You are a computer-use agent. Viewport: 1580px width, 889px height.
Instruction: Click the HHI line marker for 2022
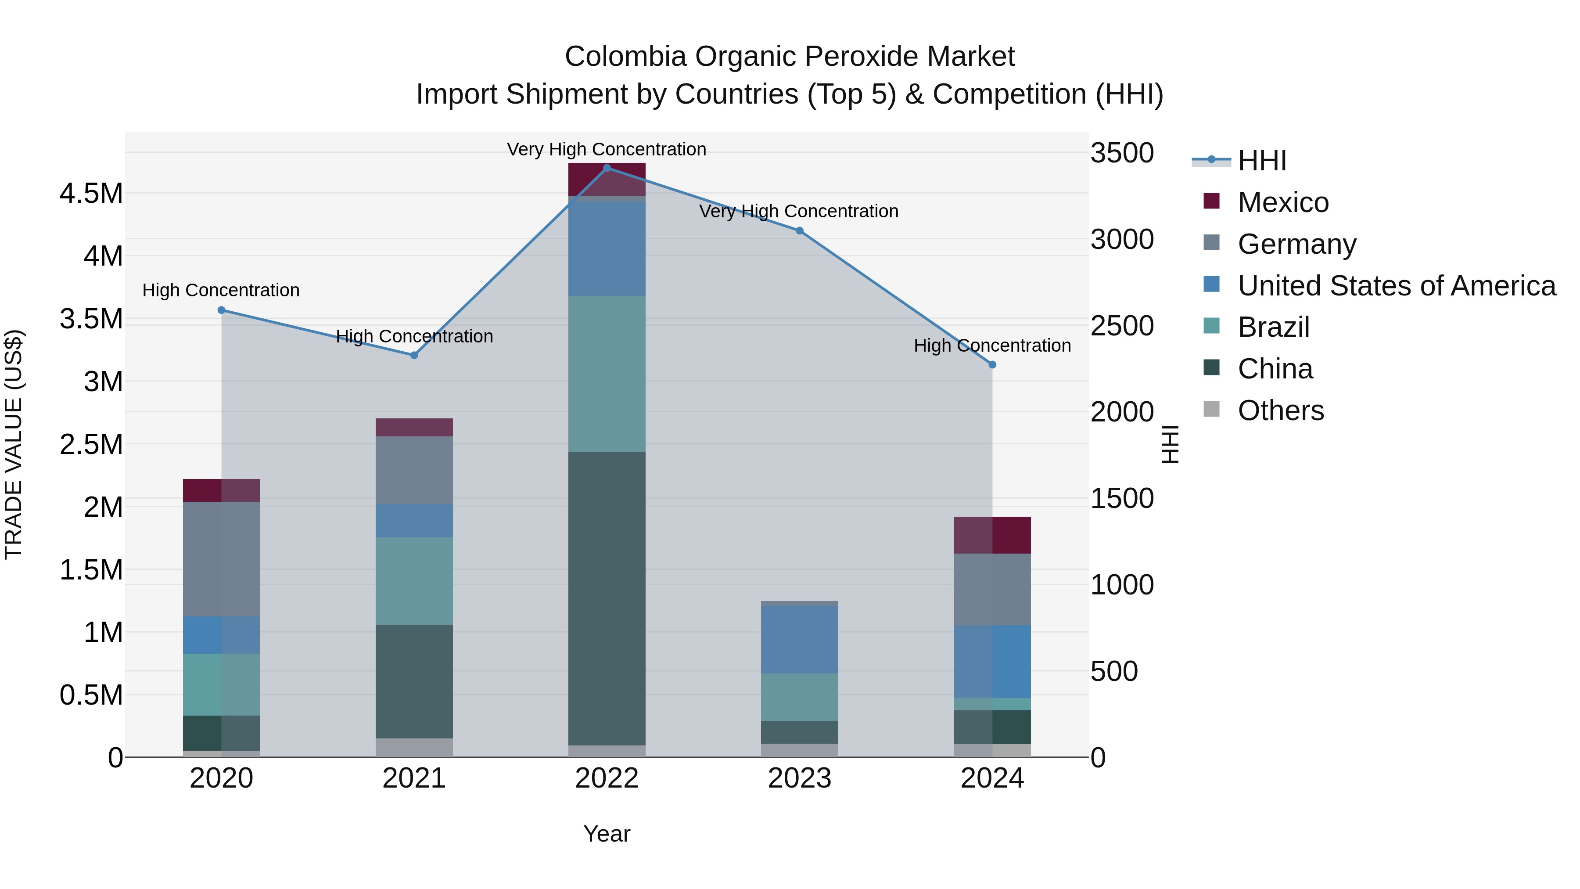[x=607, y=168]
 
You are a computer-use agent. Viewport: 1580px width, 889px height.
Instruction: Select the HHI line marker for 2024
[x=992, y=364]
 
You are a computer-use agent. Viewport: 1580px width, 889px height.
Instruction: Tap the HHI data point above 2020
[x=222, y=310]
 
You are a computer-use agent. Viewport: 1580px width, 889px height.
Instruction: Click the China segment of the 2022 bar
[x=607, y=598]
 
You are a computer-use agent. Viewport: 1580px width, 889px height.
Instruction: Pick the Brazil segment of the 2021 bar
[x=414, y=580]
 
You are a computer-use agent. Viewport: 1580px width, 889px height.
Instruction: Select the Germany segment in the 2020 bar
[x=222, y=558]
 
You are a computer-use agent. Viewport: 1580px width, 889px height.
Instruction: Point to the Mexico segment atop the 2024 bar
[x=992, y=535]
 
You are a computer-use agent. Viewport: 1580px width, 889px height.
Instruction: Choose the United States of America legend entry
[x=1396, y=286]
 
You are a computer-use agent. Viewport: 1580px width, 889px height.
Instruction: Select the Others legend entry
[x=1280, y=410]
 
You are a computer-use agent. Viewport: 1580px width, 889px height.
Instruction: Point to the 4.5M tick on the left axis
[x=91, y=193]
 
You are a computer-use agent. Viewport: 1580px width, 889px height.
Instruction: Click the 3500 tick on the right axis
[x=1122, y=153]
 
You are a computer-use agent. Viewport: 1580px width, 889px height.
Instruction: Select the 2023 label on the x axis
[x=799, y=778]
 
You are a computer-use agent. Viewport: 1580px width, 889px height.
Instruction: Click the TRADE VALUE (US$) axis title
[x=14, y=444]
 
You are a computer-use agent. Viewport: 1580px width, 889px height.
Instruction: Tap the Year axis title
[x=607, y=834]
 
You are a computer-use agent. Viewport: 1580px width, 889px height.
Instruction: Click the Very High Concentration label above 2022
[x=607, y=149]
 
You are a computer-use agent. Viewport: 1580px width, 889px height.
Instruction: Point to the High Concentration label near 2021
[x=414, y=336]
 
